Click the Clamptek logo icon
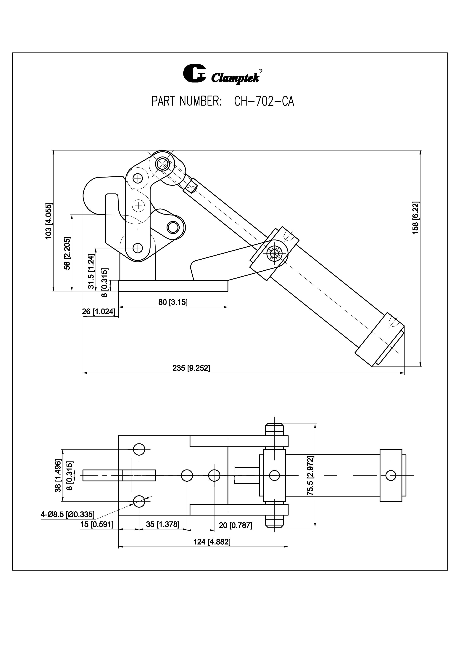194,73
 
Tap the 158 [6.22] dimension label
415,218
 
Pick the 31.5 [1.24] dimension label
91,271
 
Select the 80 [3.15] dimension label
173,302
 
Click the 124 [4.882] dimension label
212,542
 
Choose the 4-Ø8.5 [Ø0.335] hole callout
68,514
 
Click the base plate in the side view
173,285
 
